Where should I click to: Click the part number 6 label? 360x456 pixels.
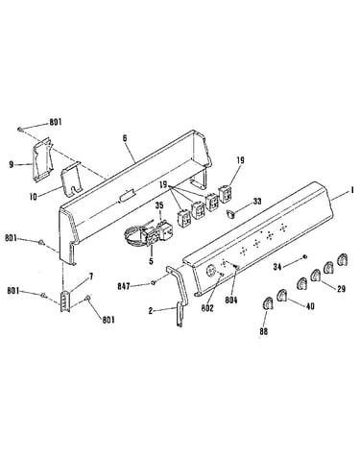tap(125, 138)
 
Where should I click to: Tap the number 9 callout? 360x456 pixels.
tap(12, 164)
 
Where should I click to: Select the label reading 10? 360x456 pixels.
tap(34, 197)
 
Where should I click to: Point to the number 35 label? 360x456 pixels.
tap(159, 205)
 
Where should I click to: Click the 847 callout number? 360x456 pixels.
tap(124, 286)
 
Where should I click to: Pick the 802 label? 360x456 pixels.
tap(207, 308)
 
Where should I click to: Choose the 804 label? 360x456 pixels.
tap(231, 300)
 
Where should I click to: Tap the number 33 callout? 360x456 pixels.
tap(257, 202)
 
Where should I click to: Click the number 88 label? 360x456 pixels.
tap(264, 331)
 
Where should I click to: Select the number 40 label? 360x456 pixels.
tap(310, 306)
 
